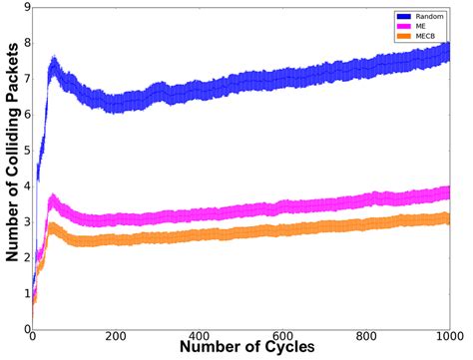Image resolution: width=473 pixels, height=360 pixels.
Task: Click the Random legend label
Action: coord(430,17)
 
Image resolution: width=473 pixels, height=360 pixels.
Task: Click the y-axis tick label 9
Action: coord(25,8)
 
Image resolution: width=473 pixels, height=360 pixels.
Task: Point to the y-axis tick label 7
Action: coord(25,79)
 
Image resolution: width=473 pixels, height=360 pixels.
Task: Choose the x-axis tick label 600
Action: coord(282,338)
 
